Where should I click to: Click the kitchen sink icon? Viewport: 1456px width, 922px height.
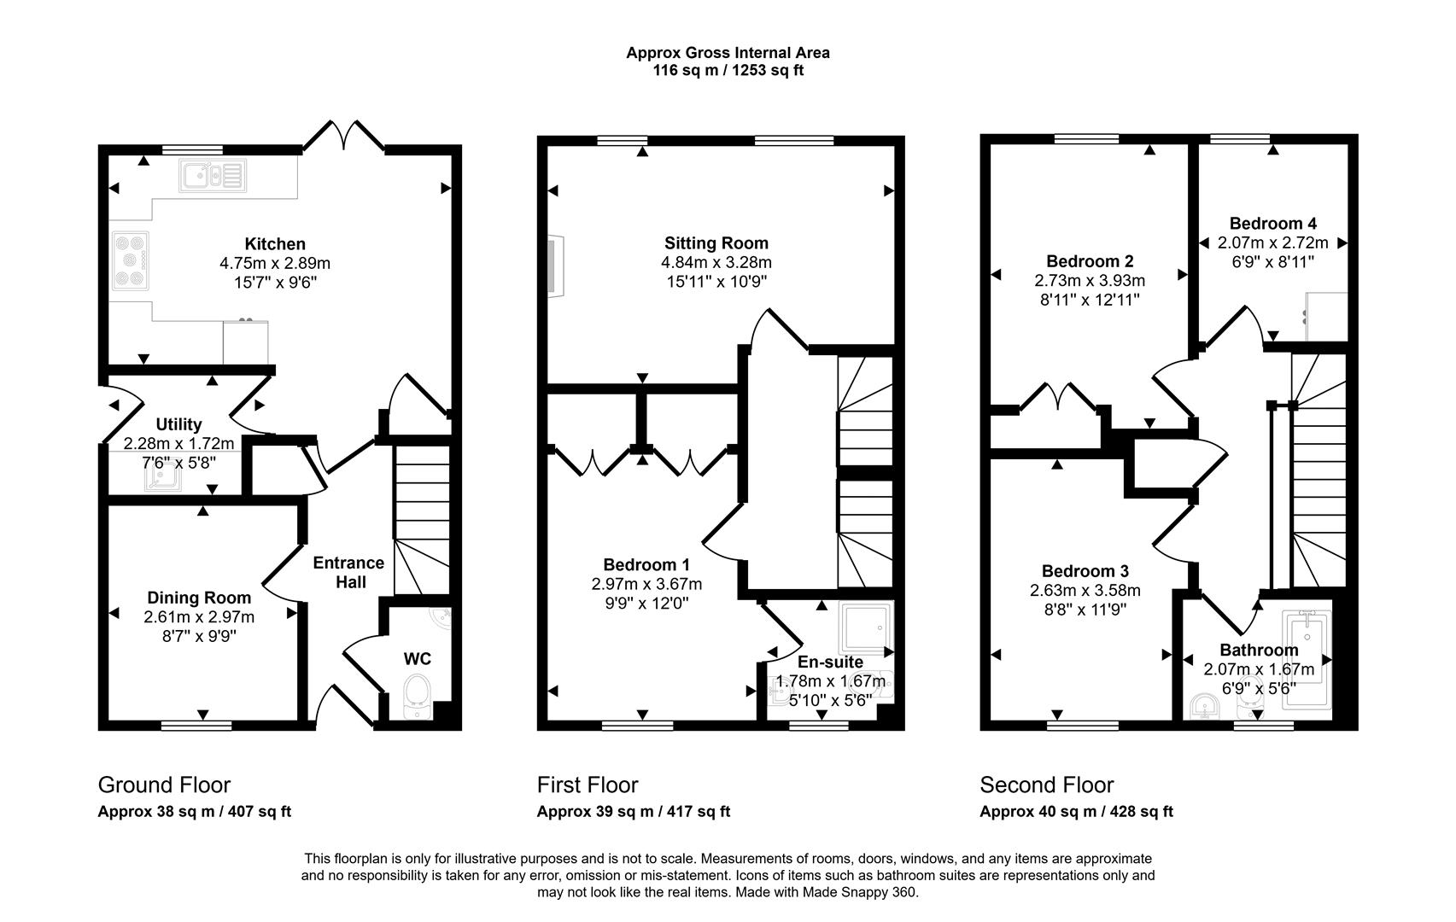tap(213, 175)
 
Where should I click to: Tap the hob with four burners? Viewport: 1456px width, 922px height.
tap(130, 260)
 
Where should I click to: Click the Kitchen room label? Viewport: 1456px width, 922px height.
tap(275, 244)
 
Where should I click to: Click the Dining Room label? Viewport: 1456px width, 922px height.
tap(199, 598)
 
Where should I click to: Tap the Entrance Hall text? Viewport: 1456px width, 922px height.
tap(349, 573)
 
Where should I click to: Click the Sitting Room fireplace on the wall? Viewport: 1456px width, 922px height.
tap(555, 266)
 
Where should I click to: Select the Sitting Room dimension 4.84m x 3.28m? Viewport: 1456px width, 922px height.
tap(716, 262)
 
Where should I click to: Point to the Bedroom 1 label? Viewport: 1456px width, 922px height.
tap(646, 564)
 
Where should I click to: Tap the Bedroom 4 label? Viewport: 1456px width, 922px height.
tap(1272, 224)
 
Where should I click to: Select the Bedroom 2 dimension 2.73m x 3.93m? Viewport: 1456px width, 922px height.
tap(1090, 281)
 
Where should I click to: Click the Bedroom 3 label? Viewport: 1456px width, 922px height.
tap(1085, 571)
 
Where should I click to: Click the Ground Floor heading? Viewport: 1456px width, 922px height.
tap(164, 785)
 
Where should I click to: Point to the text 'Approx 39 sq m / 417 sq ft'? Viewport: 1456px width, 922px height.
tap(633, 812)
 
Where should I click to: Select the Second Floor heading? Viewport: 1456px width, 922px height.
tap(1046, 785)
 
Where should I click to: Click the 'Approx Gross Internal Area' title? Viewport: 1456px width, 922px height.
tap(728, 53)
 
